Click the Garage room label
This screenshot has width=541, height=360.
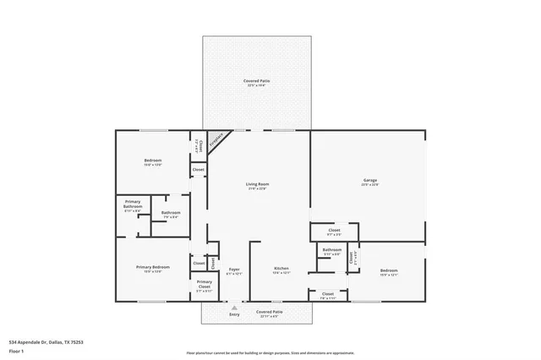pos(369,181)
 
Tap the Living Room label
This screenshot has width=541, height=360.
pos(256,185)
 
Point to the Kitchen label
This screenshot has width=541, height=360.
pos(281,270)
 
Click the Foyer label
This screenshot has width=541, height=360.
pos(234,270)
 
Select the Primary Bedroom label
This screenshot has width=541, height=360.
pos(153,269)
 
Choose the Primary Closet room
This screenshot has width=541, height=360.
pos(204,286)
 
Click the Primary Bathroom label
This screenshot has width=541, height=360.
pos(133,205)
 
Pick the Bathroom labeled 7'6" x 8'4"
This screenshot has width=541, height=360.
pos(171,214)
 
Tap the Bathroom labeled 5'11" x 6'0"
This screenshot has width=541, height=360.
pos(331,252)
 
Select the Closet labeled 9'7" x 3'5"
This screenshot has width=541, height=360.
pos(334,232)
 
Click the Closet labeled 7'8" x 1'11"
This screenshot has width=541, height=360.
pos(327,295)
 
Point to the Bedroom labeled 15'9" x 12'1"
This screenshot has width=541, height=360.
pos(389,272)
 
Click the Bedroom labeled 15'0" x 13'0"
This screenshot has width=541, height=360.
pos(153,162)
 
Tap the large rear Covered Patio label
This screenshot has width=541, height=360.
pos(257,82)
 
